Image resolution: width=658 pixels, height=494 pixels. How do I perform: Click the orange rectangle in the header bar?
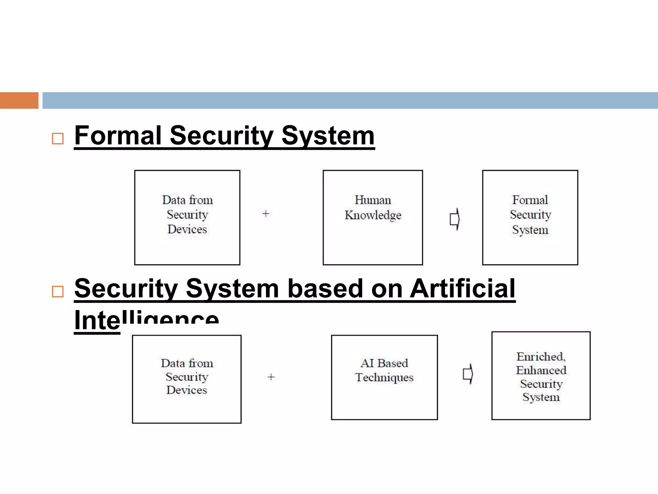[x=19, y=100]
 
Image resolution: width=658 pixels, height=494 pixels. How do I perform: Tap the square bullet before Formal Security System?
[x=58, y=139]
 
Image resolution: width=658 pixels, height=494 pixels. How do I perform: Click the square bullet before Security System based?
[x=58, y=291]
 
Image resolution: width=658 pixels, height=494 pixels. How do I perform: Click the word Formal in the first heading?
[x=118, y=135]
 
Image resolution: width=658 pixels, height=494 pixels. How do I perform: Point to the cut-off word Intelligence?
[x=146, y=320]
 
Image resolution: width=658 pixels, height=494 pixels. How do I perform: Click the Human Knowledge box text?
[x=373, y=207]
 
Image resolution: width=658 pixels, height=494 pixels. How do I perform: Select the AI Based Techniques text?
[x=384, y=370]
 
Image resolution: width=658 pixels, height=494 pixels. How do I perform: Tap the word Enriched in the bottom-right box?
[x=540, y=356]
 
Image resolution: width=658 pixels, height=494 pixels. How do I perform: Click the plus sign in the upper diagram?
[x=266, y=214]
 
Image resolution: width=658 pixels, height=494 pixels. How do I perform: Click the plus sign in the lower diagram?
[x=271, y=377]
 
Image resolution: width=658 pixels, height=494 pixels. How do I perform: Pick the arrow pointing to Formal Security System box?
[x=454, y=219]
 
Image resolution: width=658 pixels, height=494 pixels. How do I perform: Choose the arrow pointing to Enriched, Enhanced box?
[x=468, y=374]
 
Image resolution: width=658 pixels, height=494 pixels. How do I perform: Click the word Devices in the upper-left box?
[x=187, y=229]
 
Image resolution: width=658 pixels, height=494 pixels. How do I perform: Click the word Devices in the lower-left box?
[x=187, y=390]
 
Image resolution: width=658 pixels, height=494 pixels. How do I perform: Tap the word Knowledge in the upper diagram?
[x=373, y=215]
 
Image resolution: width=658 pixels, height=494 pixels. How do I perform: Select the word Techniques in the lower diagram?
[x=384, y=377]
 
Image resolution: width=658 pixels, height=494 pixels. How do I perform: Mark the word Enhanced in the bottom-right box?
[x=541, y=370]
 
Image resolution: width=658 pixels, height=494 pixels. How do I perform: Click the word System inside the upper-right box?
[x=530, y=230]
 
